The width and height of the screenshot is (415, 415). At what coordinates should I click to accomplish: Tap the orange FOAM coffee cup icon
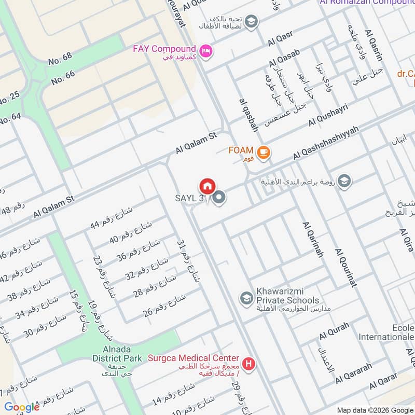click(x=264, y=151)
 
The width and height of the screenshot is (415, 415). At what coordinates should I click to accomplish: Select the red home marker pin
click(x=207, y=186)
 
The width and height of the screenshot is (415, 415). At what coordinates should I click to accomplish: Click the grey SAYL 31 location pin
click(x=219, y=198)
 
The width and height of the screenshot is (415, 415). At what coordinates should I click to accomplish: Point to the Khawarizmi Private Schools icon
click(x=245, y=298)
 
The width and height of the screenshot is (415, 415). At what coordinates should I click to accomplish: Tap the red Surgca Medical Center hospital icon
click(x=249, y=364)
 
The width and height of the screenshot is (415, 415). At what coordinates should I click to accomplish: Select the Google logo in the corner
click(x=22, y=407)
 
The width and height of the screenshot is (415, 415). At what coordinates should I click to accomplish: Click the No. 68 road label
click(x=60, y=59)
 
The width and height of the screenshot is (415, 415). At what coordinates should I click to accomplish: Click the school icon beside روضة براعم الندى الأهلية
click(x=344, y=181)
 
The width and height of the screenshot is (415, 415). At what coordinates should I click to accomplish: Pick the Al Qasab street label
click(x=284, y=58)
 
